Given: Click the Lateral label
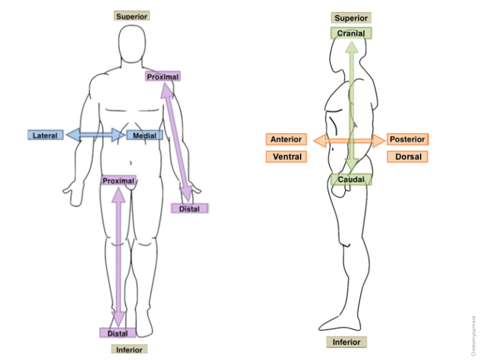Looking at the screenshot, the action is tap(45, 135).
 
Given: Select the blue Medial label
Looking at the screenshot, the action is tap(144, 135).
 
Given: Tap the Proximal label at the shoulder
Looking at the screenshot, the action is tap(163, 76).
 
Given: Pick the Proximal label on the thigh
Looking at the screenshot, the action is tap(119, 180).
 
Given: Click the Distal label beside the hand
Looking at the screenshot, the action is tap(189, 209).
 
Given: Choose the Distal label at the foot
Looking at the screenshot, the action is tap(117, 332).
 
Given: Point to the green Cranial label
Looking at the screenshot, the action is tap(351, 33).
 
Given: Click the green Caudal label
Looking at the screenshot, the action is tap(351, 179).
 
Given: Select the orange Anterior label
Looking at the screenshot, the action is tap(286, 139).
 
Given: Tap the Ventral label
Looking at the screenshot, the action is tap(286, 157).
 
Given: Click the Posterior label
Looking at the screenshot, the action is tap(407, 139).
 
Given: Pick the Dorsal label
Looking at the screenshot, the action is tap(407, 157).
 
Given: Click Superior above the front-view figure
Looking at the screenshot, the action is tap(132, 16).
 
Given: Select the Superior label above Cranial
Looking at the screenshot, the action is tap(351, 17).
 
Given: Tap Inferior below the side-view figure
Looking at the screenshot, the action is tap(346, 342).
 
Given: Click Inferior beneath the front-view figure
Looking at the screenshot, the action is tap(129, 349).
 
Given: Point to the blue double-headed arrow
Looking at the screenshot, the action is tap(96, 135).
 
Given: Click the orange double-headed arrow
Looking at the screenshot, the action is tap(349, 141).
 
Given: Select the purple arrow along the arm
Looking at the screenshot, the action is tap(177, 142).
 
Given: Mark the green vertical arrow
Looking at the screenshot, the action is tap(352, 106).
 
